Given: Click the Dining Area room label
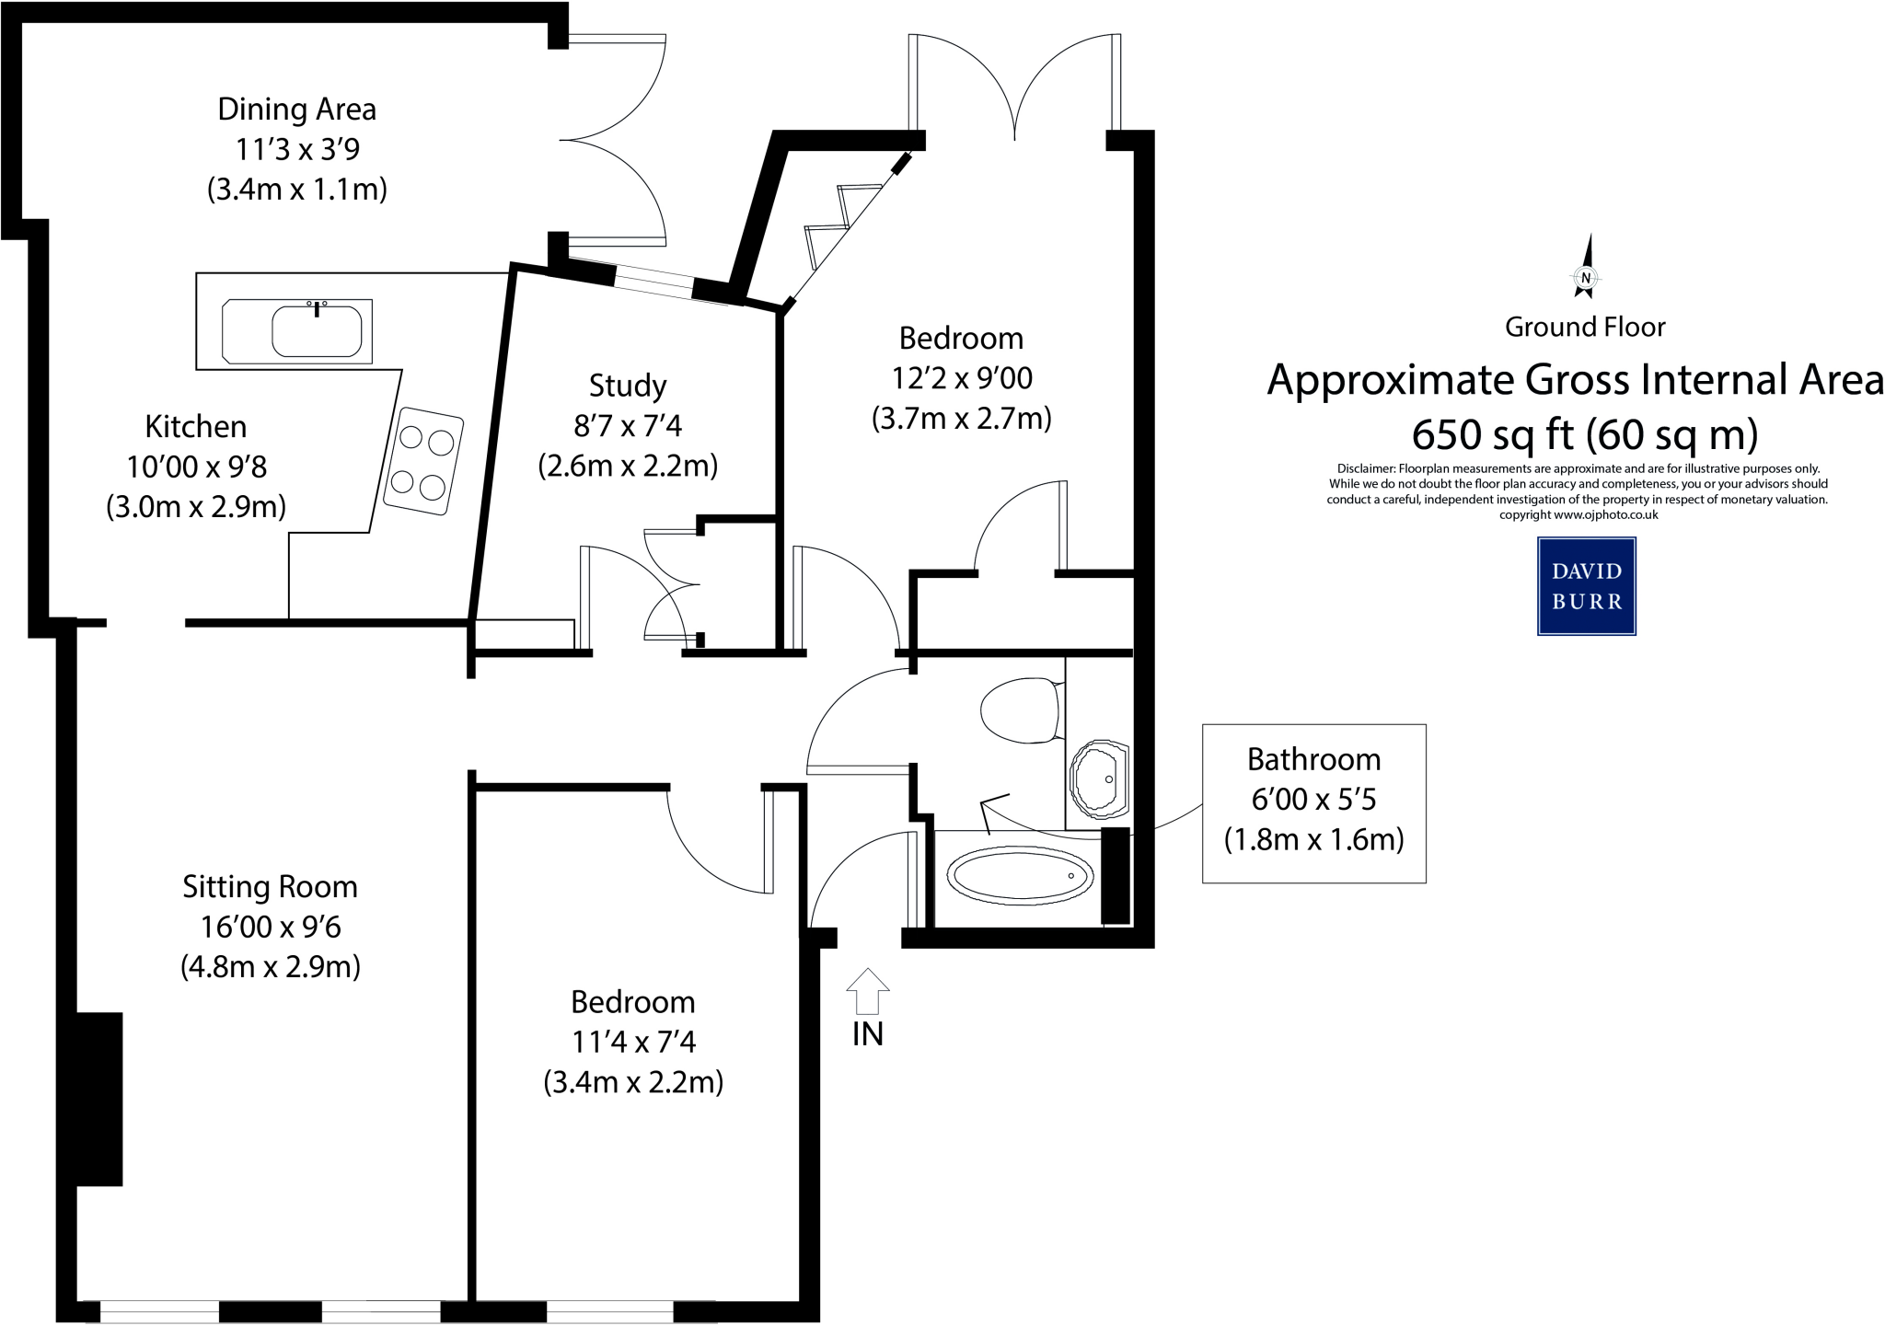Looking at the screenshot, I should pyautogui.click(x=296, y=110).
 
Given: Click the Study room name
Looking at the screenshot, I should pyautogui.click(x=628, y=386).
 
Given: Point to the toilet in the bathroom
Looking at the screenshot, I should pyautogui.click(x=1019, y=710).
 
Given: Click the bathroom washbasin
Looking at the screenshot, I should pyautogui.click(x=1099, y=779).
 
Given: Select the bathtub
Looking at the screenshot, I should pyautogui.click(x=1020, y=876).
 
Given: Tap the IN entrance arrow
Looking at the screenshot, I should pyautogui.click(x=867, y=992).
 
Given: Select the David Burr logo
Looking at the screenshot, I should pyautogui.click(x=1586, y=586).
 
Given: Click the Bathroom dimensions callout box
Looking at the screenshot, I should pyautogui.click(x=1313, y=802).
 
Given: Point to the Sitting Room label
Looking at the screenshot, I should pyautogui.click(x=270, y=887).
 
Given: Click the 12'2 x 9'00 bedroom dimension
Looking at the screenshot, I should pyautogui.click(x=962, y=378).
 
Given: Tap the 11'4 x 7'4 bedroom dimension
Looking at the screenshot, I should pyautogui.click(x=633, y=1042).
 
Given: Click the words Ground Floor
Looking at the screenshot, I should pyautogui.click(x=1585, y=327).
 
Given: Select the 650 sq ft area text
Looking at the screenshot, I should pyautogui.click(x=1585, y=434).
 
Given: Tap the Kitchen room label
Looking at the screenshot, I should pyautogui.click(x=196, y=427).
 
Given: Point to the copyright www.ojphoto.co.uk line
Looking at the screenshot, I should pyautogui.click(x=1578, y=515).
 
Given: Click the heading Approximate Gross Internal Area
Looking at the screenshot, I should pyautogui.click(x=1575, y=380).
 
